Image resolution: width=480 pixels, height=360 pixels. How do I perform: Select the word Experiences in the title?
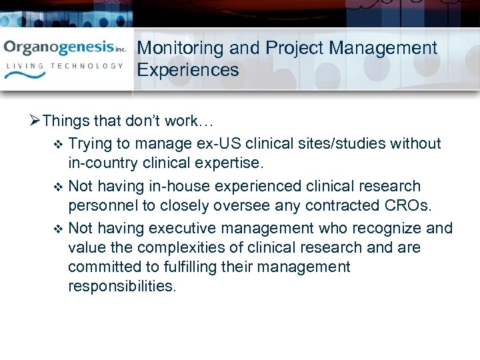pyautogui.click(x=188, y=70)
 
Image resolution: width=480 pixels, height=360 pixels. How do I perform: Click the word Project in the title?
pyautogui.click(x=293, y=48)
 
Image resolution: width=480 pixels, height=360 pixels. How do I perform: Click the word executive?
pyautogui.click(x=182, y=229)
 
